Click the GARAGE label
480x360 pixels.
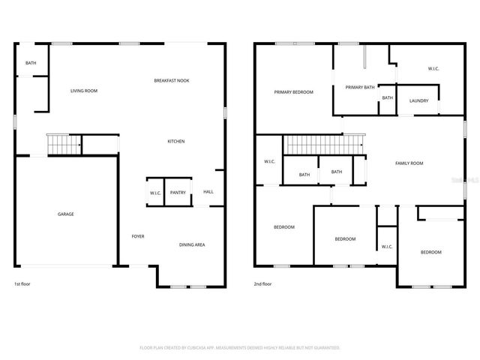(x=66, y=214)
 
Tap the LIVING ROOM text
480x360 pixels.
(x=84, y=91)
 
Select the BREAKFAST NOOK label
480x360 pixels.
(x=172, y=80)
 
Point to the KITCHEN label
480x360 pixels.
(x=176, y=141)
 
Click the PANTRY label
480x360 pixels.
(x=178, y=193)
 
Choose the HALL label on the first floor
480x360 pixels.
(x=208, y=191)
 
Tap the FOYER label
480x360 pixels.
(x=138, y=236)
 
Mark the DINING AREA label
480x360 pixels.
(x=192, y=244)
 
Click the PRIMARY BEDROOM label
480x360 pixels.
(x=293, y=91)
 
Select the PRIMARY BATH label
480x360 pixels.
(x=360, y=87)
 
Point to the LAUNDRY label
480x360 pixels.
(x=418, y=101)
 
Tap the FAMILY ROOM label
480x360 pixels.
(x=409, y=163)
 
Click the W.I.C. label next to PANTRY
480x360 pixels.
(x=155, y=193)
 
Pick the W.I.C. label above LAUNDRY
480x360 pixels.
(x=433, y=69)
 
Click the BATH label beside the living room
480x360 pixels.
(x=31, y=63)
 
